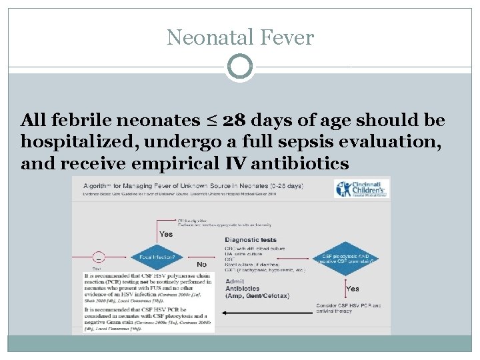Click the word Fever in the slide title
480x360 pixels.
click(288, 37)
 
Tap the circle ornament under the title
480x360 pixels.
click(240, 67)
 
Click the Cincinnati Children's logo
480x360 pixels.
click(362, 188)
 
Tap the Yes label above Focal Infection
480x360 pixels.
click(166, 234)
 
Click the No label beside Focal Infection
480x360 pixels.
click(201, 264)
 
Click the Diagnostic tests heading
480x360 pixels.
click(251, 240)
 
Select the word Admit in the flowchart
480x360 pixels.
click(235, 282)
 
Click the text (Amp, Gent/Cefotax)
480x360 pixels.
click(257, 295)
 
